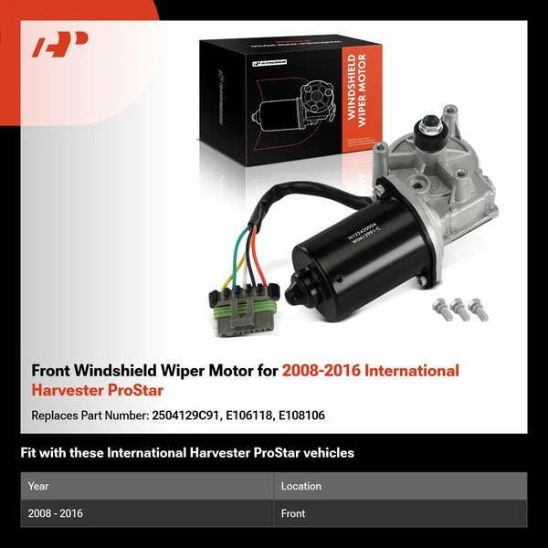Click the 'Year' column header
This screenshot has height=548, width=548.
click(x=38, y=486)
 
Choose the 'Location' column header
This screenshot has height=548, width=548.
click(x=300, y=486)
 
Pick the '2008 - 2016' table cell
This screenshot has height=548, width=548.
click(x=56, y=513)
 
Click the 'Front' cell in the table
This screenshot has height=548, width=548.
click(x=293, y=513)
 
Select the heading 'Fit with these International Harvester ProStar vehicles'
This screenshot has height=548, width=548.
click(x=187, y=452)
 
